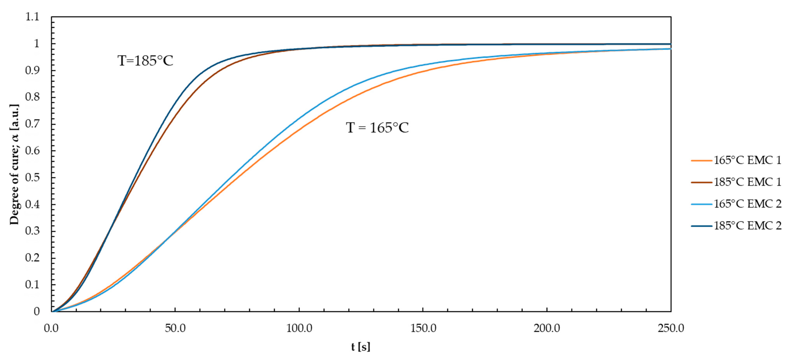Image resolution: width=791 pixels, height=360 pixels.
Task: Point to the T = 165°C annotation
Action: pyautogui.click(x=377, y=128)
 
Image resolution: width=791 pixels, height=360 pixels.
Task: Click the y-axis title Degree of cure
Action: pyautogui.click(x=14, y=164)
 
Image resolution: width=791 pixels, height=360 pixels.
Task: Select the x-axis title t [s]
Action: pyautogui.click(x=361, y=347)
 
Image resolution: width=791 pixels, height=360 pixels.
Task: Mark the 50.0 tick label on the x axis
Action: pyautogui.click(x=175, y=328)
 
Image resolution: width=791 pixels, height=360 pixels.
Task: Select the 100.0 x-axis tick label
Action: pyautogui.click(x=299, y=328)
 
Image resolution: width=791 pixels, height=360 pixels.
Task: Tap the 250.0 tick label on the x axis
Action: pyautogui.click(x=671, y=328)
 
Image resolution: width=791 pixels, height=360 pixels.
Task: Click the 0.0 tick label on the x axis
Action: pyautogui.click(x=51, y=328)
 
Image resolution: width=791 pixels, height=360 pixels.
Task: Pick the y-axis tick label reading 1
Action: pyautogui.click(x=37, y=44)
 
